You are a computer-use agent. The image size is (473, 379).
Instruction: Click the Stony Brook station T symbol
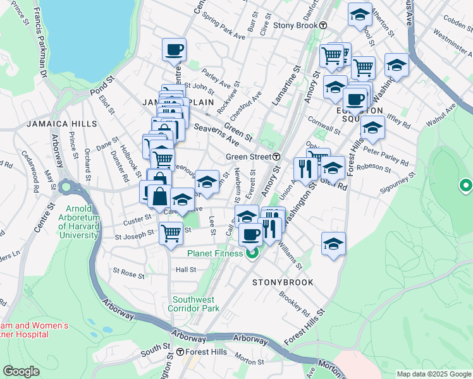pyautogui.click(x=322, y=26)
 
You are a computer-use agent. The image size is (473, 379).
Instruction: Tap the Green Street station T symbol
pyautogui.click(x=277, y=157)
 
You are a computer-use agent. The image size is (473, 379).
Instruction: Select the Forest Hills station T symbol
pyautogui.click(x=180, y=352)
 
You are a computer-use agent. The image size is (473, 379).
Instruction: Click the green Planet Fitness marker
pyautogui.click(x=252, y=253)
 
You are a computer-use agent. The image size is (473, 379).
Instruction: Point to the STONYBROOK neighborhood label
pyautogui.click(x=283, y=282)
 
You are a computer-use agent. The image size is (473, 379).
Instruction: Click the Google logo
pyautogui.click(x=21, y=371)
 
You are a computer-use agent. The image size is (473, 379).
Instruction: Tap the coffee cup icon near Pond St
pyautogui.click(x=174, y=49)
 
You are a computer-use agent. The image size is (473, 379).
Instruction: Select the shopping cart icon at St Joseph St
pyautogui.click(x=171, y=232)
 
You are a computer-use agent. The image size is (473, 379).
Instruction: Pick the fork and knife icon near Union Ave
pyautogui.click(x=305, y=168)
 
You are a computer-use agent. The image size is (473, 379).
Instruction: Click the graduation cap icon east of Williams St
pyautogui.click(x=333, y=244)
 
